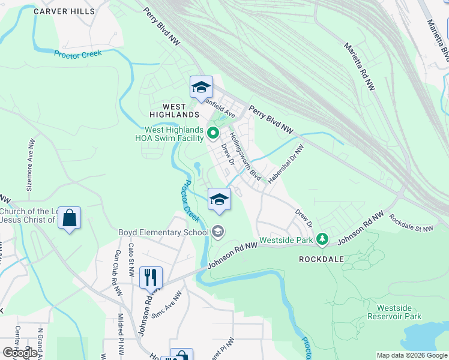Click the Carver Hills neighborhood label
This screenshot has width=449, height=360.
tap(64, 11)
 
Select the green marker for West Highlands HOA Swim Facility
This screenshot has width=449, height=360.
tap(212, 132)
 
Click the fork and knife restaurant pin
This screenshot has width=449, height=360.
tap(151, 277)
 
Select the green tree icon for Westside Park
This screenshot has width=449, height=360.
tap(323, 239)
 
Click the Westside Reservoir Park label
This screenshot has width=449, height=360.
tap(394, 312)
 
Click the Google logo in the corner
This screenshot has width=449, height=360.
tap(20, 352)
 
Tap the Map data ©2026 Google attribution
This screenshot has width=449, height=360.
tap(412, 355)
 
